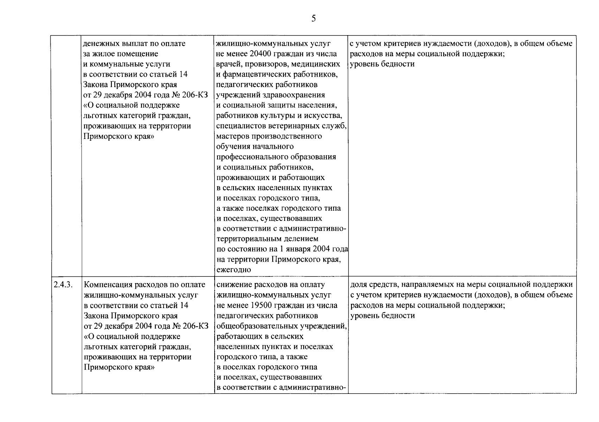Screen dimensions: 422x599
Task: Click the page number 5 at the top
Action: click(313, 19)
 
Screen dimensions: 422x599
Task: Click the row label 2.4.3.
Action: click(63, 284)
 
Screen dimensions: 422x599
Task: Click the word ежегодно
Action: click(234, 270)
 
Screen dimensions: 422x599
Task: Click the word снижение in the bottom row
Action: click(233, 284)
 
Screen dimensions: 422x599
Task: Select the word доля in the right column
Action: click(358, 284)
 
